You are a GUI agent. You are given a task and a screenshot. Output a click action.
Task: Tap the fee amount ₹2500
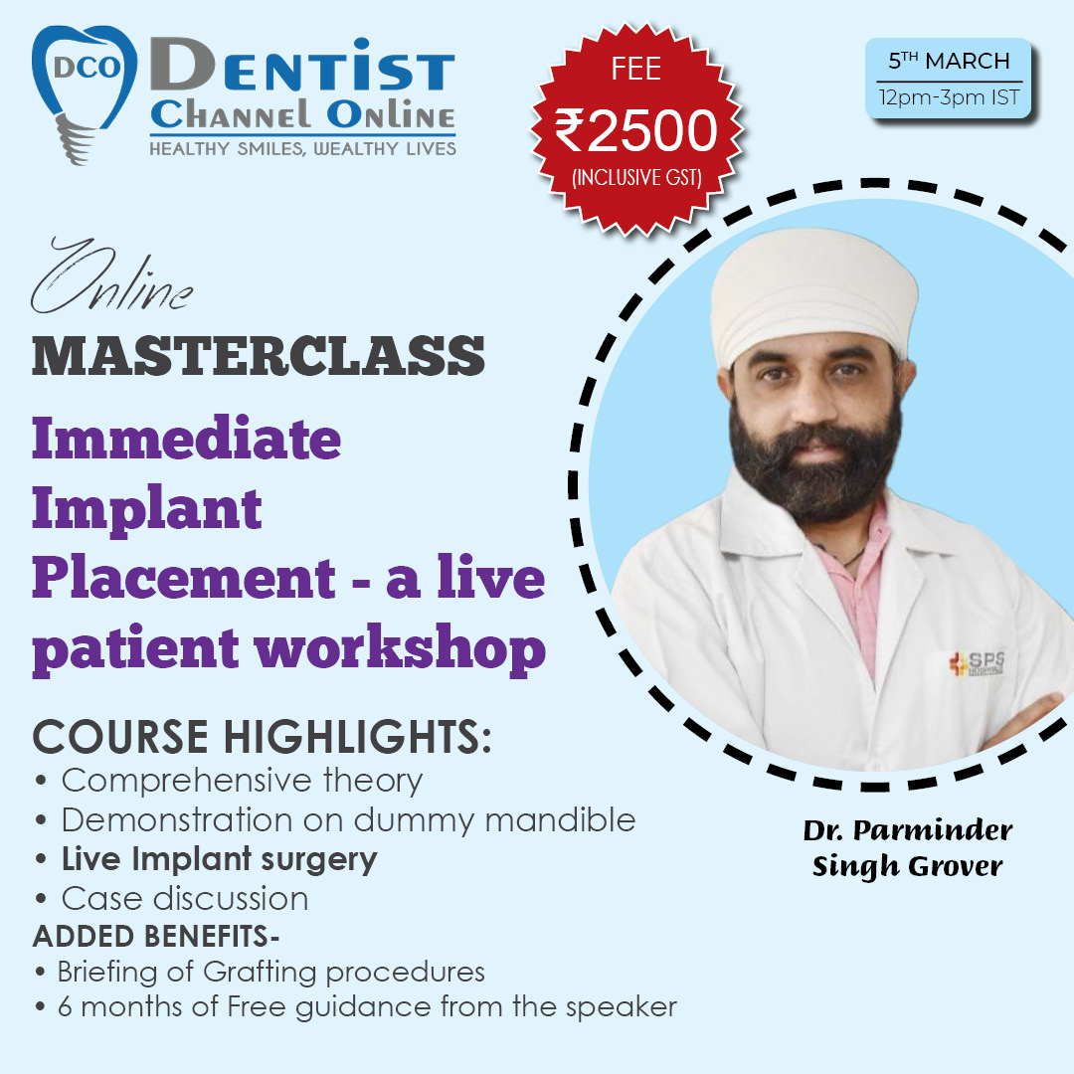click(635, 131)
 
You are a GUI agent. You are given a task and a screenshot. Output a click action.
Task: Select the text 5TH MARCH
click(949, 61)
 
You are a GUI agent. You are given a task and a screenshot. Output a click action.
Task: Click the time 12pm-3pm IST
click(950, 97)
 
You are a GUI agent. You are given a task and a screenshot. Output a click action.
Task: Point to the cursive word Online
click(111, 276)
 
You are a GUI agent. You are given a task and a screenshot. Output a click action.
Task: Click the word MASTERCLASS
click(259, 355)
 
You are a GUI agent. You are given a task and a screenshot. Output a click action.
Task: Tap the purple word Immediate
click(186, 439)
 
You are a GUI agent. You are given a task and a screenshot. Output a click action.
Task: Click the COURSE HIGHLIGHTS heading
click(262, 737)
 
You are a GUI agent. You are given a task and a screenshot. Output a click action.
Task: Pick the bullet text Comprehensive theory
click(242, 781)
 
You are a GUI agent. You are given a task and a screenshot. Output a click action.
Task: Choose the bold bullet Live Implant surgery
click(219, 859)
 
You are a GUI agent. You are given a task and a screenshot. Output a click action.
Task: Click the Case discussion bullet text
click(185, 899)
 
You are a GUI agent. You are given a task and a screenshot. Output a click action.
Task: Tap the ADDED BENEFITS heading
click(156, 937)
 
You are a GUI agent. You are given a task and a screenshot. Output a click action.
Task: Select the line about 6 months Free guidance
click(367, 1006)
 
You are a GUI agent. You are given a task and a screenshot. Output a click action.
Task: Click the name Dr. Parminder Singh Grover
click(908, 848)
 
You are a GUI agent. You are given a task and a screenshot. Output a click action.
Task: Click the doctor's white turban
click(813, 294)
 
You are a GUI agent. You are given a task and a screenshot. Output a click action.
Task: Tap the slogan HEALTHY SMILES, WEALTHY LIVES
click(302, 148)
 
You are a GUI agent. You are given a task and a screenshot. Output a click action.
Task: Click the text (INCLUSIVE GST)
click(637, 178)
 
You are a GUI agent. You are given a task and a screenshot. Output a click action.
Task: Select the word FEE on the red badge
click(636, 69)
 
